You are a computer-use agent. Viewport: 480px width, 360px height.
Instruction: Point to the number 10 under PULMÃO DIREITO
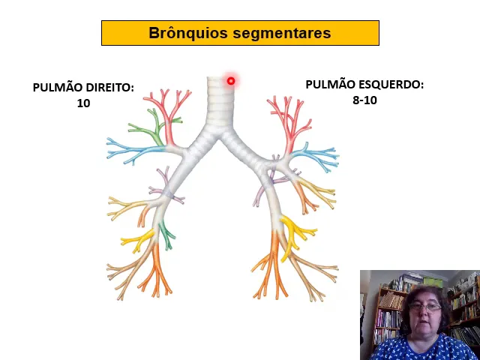coord(83,103)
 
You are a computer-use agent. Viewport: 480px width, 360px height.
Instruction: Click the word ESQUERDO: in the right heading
coord(391,85)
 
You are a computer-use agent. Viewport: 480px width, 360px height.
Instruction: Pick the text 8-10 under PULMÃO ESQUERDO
coord(364,100)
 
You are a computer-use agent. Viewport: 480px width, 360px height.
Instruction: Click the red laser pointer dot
coord(231,81)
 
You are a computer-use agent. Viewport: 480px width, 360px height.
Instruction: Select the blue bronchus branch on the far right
coord(319,156)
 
